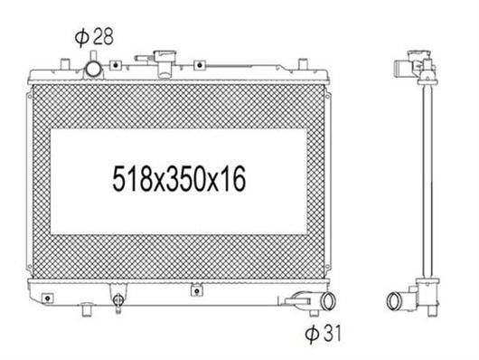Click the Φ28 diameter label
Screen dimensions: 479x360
point(94,37)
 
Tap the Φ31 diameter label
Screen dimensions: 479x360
point(323,334)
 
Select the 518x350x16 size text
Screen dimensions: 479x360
point(179,179)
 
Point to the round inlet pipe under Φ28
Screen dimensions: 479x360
point(93,70)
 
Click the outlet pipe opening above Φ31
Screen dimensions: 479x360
point(329,300)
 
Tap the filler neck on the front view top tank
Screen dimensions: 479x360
point(165,64)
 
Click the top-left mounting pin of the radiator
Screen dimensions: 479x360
point(65,64)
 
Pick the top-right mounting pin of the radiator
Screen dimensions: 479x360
point(303,64)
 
